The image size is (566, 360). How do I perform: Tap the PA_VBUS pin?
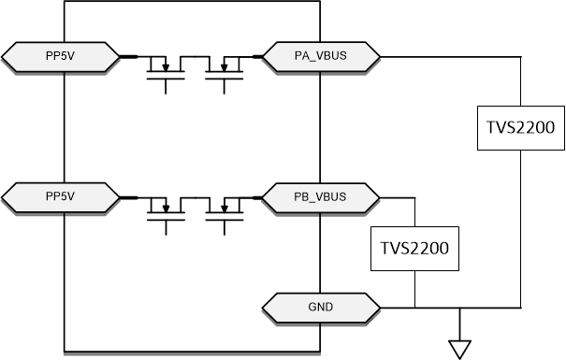[322, 57]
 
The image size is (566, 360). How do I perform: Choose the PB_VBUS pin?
[322, 196]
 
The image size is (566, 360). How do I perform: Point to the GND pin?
[322, 306]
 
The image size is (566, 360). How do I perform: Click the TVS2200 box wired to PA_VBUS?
[522, 134]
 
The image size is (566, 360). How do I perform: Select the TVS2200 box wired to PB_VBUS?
[414, 249]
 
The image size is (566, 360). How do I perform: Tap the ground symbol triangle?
[458, 347]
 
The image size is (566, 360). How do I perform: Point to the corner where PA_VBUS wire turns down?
[521, 57]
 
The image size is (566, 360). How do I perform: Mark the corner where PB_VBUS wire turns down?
[414, 197]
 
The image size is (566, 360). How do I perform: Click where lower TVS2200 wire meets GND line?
[414, 306]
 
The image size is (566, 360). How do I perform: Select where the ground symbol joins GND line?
[458, 306]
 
